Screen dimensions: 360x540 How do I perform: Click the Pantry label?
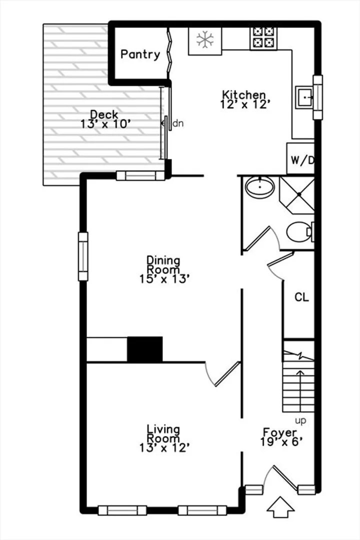140,54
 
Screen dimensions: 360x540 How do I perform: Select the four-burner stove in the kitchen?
263,37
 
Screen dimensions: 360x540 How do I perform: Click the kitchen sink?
304,97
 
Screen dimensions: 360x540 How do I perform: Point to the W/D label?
302,160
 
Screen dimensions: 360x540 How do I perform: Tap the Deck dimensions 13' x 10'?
105,123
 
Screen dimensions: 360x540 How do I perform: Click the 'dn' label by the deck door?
178,123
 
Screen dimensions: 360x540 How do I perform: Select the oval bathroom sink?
260,187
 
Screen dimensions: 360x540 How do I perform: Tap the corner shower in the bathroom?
297,194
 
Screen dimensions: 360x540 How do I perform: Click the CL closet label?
302,297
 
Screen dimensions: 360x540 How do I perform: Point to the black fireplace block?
144,349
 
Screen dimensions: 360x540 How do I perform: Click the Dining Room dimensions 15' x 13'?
164,278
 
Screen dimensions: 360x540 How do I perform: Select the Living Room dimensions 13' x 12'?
164,447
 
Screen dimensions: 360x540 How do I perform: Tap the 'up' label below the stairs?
300,421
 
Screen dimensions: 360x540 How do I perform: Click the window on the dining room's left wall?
83,256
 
